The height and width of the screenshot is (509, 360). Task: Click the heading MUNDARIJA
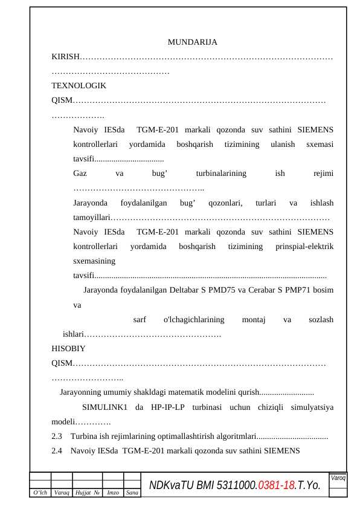tap(192, 42)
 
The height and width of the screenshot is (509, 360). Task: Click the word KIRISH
tap(65, 57)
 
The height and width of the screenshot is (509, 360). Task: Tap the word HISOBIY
tap(68, 348)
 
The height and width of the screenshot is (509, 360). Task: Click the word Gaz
tap(80, 173)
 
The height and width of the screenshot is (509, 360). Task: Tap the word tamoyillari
tap(91, 217)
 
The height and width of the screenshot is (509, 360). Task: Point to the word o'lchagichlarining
tap(194, 319)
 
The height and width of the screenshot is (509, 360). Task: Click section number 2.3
tap(57, 436)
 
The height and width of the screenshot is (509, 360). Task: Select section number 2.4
tap(57, 450)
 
